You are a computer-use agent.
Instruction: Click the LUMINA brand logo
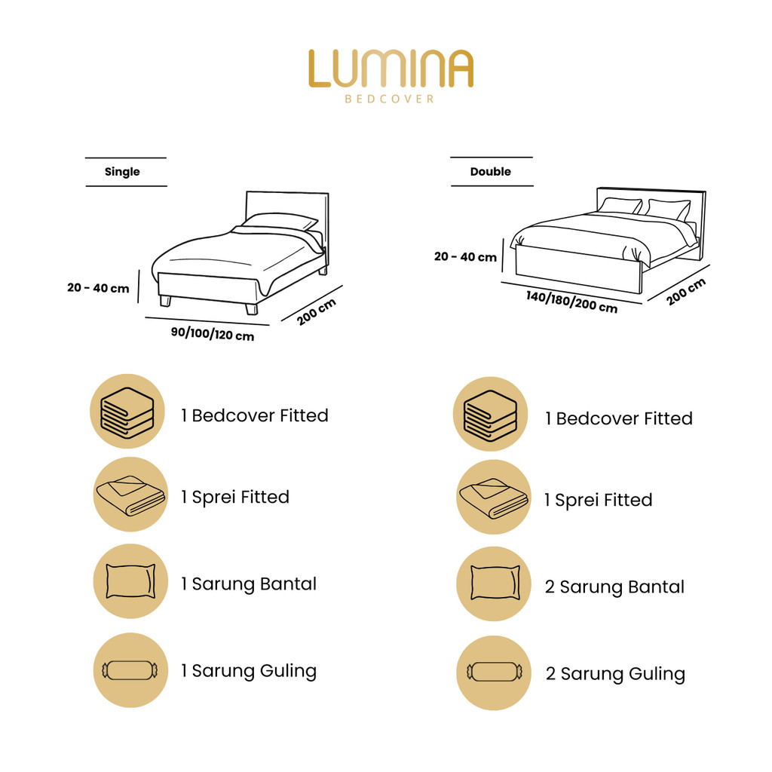tap(391, 69)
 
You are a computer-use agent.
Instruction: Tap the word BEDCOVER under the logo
tap(390, 99)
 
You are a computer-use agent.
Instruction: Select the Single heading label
tap(122, 172)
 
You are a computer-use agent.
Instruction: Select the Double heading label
tap(490, 171)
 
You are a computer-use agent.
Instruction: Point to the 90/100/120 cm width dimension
tap(213, 334)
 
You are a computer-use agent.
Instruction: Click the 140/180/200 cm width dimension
tap(571, 302)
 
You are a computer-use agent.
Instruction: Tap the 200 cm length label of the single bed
tap(317, 311)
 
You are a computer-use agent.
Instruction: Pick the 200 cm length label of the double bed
tap(686, 292)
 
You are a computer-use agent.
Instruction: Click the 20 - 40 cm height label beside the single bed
tap(98, 288)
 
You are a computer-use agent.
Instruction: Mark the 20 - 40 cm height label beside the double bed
tap(465, 256)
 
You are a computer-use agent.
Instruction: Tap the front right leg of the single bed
tap(252, 308)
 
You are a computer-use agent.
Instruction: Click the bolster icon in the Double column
tap(495, 672)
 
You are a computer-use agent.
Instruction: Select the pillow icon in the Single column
tap(130, 581)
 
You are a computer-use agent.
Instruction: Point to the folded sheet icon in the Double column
tap(493, 498)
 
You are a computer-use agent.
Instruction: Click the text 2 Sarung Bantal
tap(614, 587)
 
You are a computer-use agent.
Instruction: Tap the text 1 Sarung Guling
tap(249, 671)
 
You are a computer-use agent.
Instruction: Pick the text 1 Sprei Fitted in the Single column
tap(235, 498)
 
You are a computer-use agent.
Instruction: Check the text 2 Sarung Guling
tap(615, 674)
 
